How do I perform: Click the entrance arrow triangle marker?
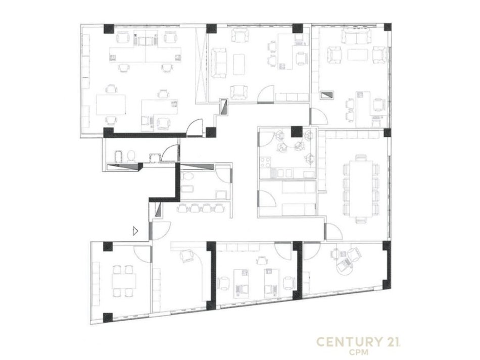135,231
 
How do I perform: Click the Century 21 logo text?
358,342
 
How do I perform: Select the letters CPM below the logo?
358,352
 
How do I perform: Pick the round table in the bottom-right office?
344,267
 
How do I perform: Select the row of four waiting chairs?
201,208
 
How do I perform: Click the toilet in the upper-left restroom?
131,156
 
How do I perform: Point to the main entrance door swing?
160,231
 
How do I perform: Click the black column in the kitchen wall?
296,131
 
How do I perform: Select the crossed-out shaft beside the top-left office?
202,65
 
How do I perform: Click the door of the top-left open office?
195,127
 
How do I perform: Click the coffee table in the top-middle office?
239,64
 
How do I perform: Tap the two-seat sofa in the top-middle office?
219,63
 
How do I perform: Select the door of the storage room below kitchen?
267,198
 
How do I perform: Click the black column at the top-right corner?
387,27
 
